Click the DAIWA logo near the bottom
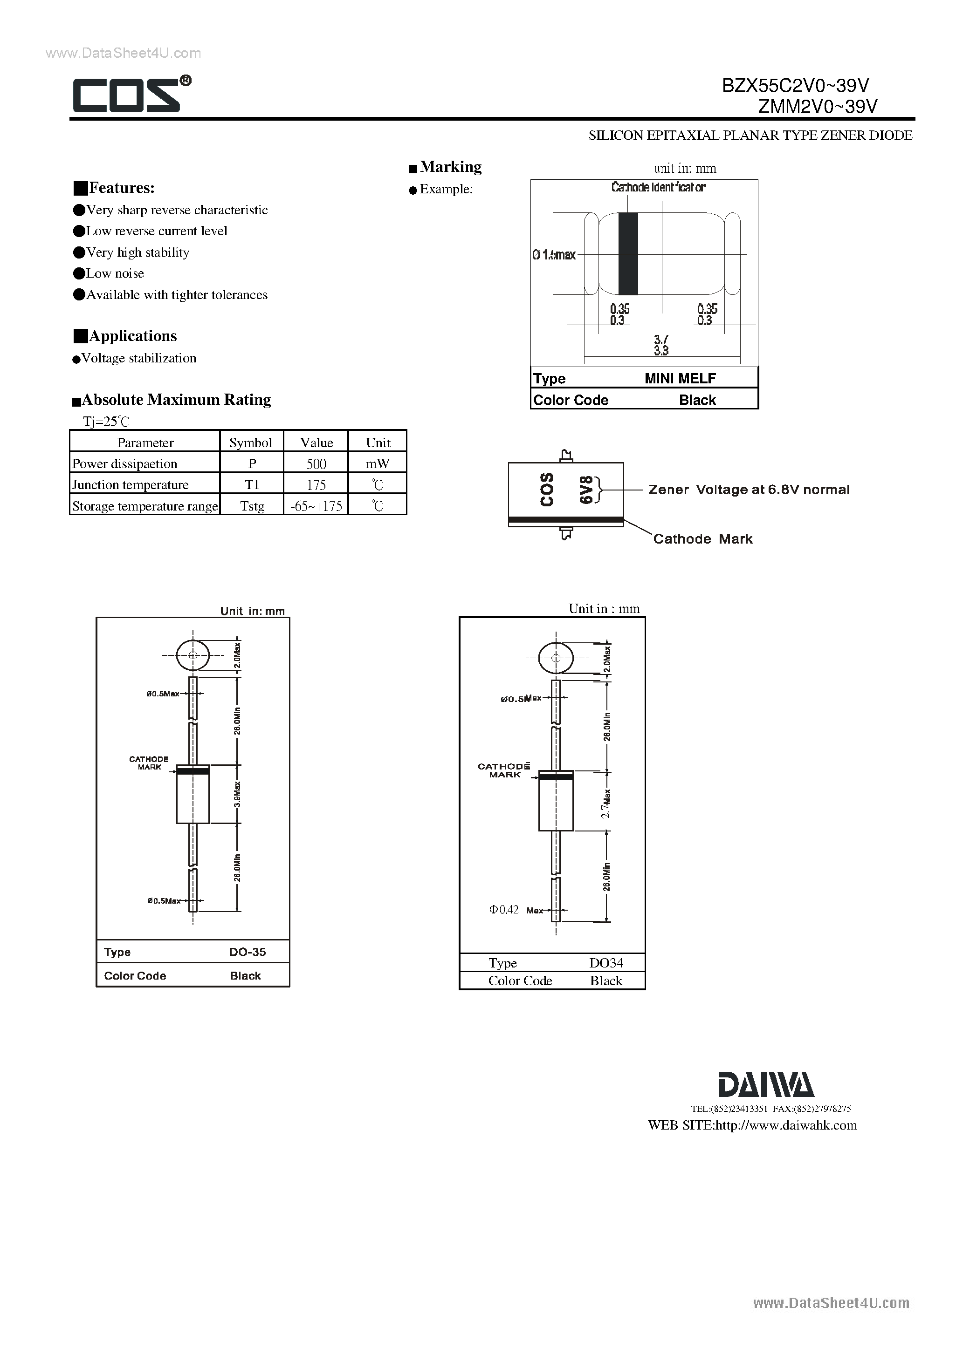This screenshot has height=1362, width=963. [766, 1085]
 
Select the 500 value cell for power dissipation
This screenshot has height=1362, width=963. [316, 464]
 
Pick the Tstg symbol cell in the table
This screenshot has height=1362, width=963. [252, 506]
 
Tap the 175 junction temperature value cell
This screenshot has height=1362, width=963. [316, 484]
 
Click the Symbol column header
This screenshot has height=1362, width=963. [251, 443]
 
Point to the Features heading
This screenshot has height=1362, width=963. [121, 188]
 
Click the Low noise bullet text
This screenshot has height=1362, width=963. [115, 273]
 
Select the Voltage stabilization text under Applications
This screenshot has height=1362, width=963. [138, 358]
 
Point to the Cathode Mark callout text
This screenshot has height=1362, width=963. [702, 539]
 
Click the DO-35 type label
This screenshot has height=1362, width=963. [248, 952]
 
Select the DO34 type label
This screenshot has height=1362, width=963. [605, 963]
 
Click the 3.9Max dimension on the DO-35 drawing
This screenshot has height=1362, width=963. [237, 794]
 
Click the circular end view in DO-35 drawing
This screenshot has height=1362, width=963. [193, 655]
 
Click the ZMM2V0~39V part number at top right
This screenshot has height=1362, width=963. [818, 107]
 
